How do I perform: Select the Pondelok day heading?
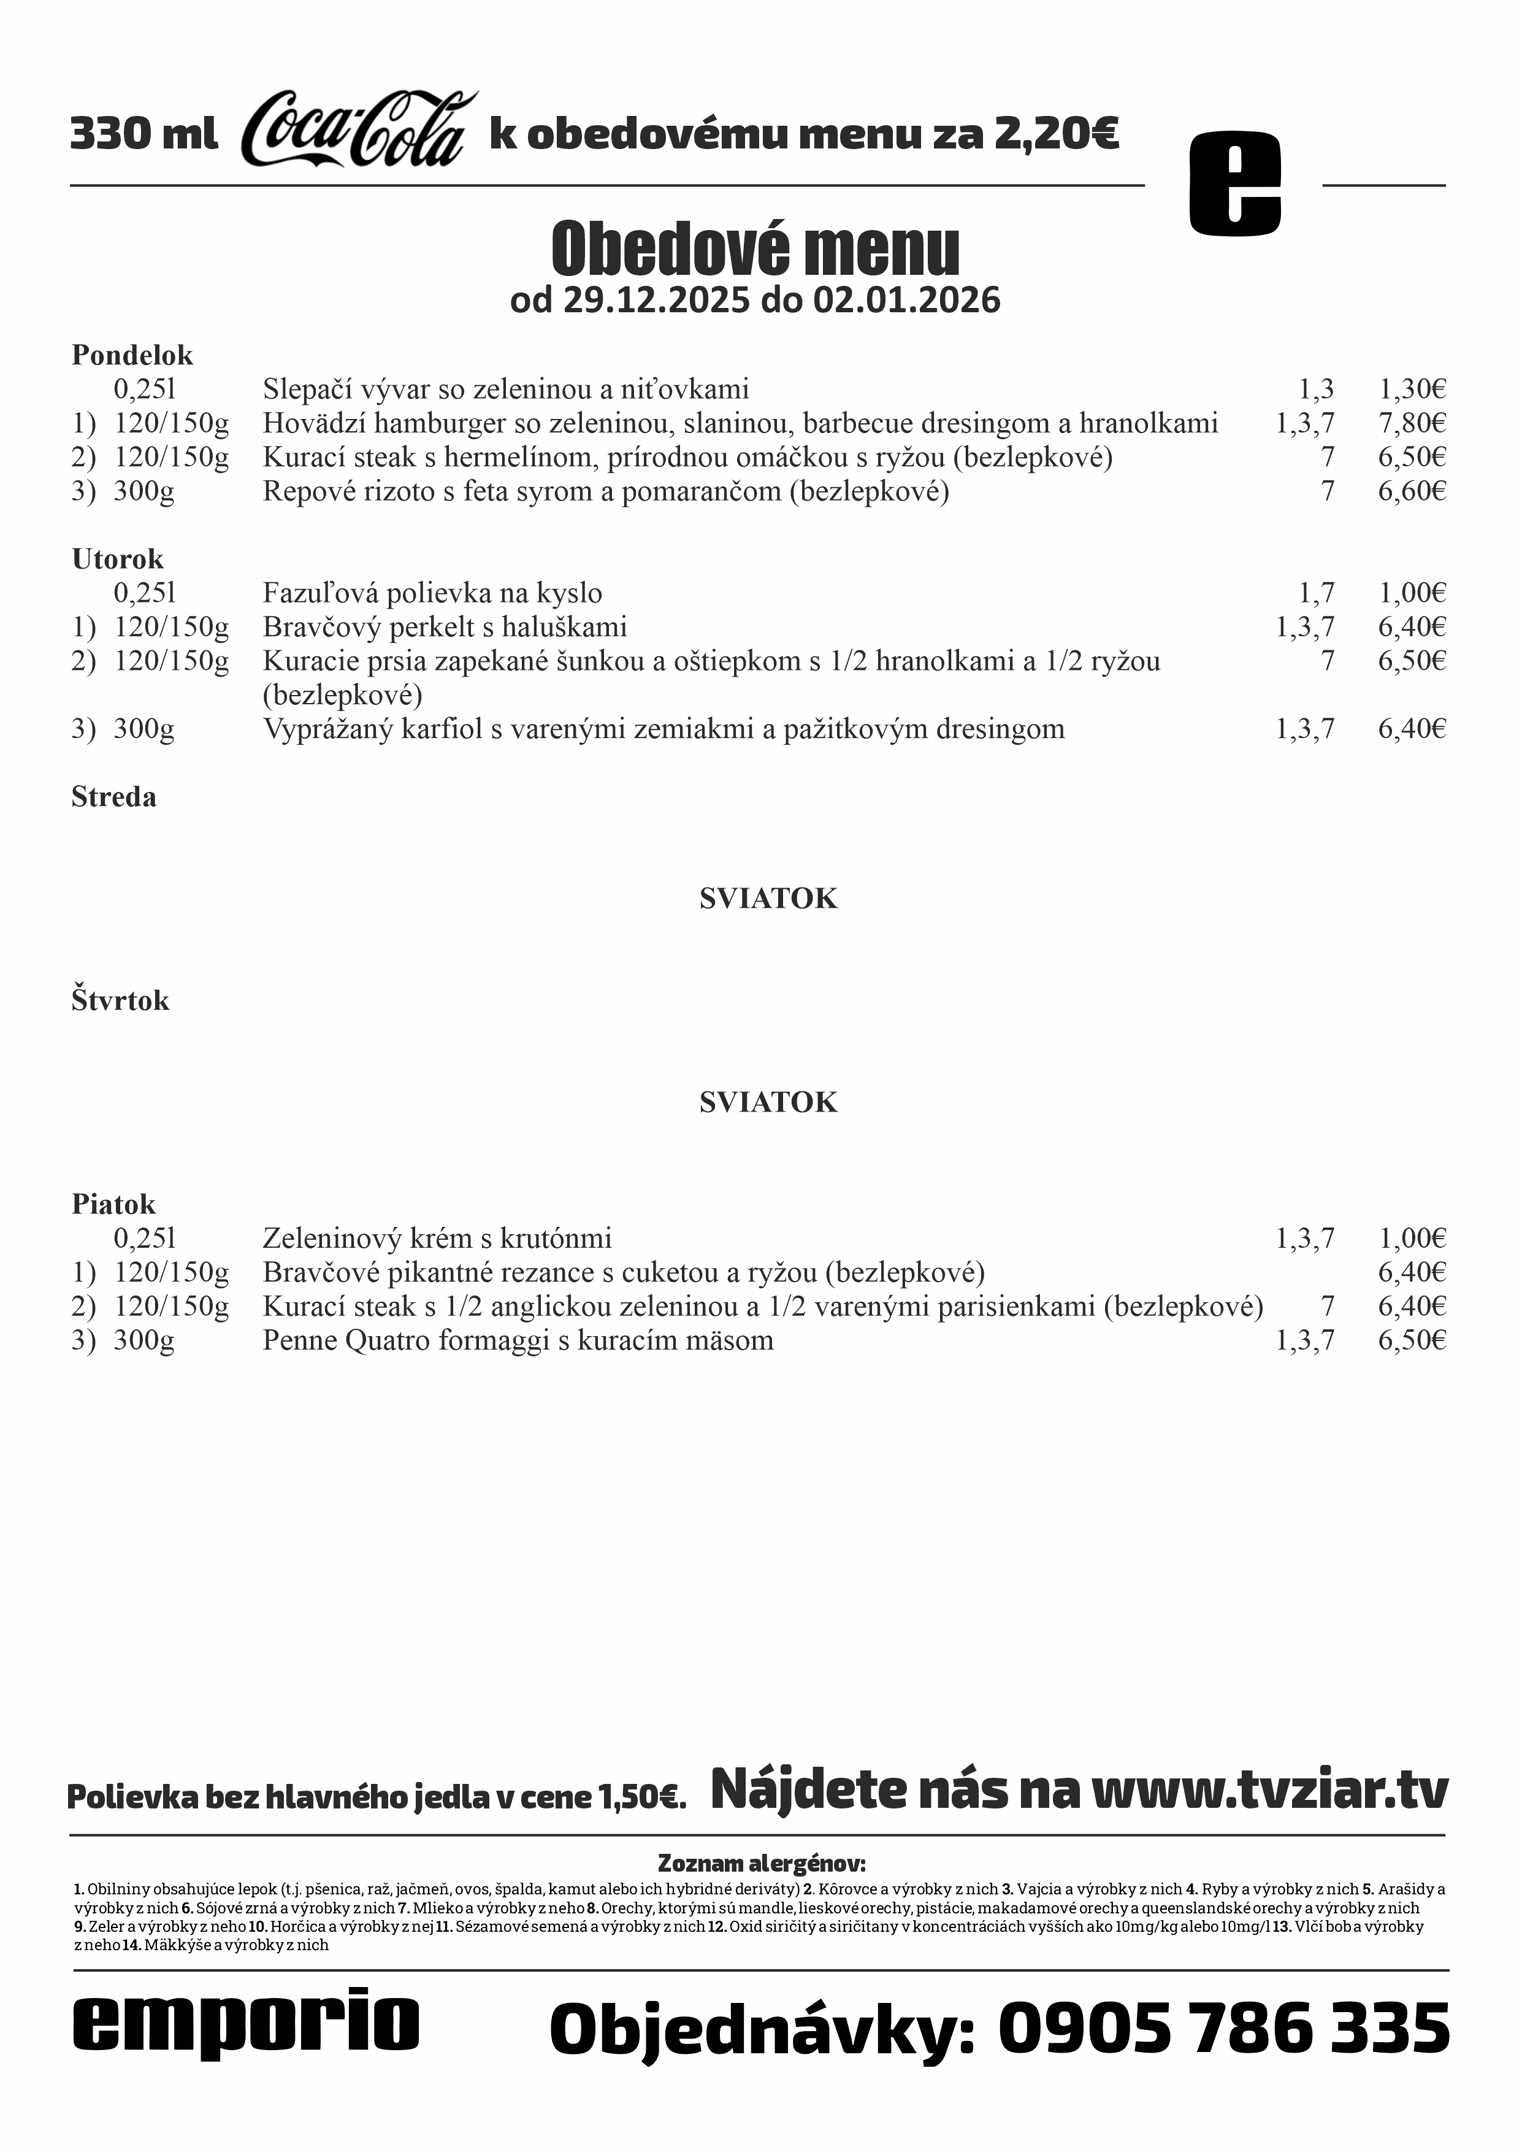(132, 355)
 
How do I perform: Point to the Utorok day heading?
(117, 559)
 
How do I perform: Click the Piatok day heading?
(113, 1204)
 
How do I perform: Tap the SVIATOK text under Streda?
(768, 899)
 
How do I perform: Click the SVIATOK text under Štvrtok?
(768, 1102)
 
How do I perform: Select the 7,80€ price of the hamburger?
(1412, 424)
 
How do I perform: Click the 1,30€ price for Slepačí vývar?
(1412, 389)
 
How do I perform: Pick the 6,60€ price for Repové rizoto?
(1412, 491)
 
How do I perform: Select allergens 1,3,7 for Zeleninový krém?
(1304, 1239)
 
